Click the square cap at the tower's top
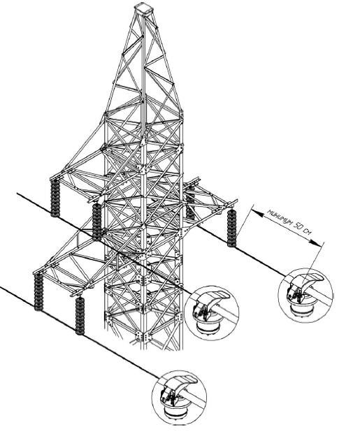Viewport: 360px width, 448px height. coord(143,8)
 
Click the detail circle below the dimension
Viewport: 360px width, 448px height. coord(305,295)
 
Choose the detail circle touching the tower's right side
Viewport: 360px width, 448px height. coord(212,313)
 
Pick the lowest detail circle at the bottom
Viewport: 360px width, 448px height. coord(179,398)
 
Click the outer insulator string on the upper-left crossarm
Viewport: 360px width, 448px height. coord(55,197)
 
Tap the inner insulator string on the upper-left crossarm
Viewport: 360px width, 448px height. coord(97,222)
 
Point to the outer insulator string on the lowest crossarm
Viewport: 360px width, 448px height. coord(38,291)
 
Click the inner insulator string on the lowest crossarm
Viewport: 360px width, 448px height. coord(80,316)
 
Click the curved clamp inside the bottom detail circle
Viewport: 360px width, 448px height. coord(178,386)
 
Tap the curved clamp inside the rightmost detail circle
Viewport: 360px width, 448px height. coord(305,284)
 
